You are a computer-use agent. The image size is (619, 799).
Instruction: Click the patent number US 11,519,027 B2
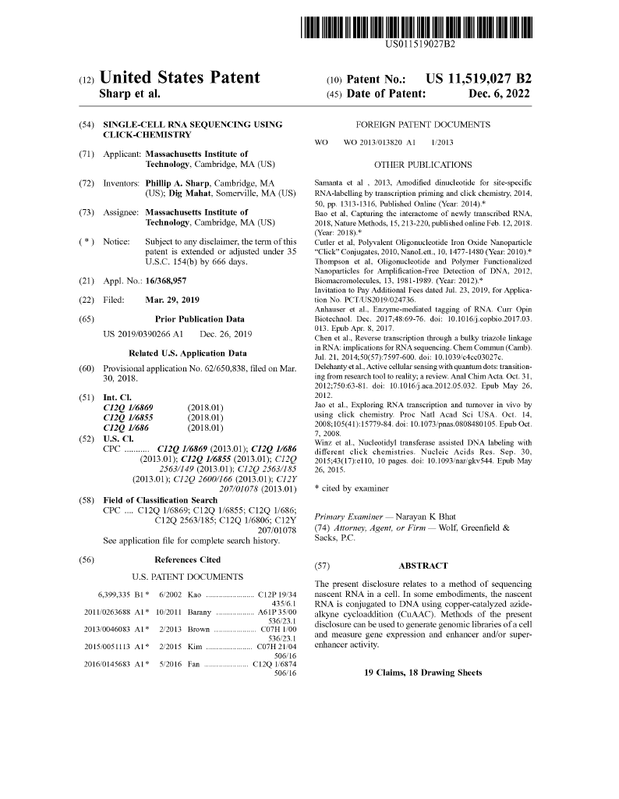(479, 79)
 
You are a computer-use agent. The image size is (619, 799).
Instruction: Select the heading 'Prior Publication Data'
(200, 319)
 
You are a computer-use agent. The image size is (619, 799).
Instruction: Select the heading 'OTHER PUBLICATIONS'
(423, 165)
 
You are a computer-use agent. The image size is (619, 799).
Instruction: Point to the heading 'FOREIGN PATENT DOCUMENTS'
(423, 125)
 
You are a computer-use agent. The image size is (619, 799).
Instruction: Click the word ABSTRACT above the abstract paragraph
(423, 566)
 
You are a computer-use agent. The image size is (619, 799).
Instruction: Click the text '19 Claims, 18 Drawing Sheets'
(423, 673)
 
